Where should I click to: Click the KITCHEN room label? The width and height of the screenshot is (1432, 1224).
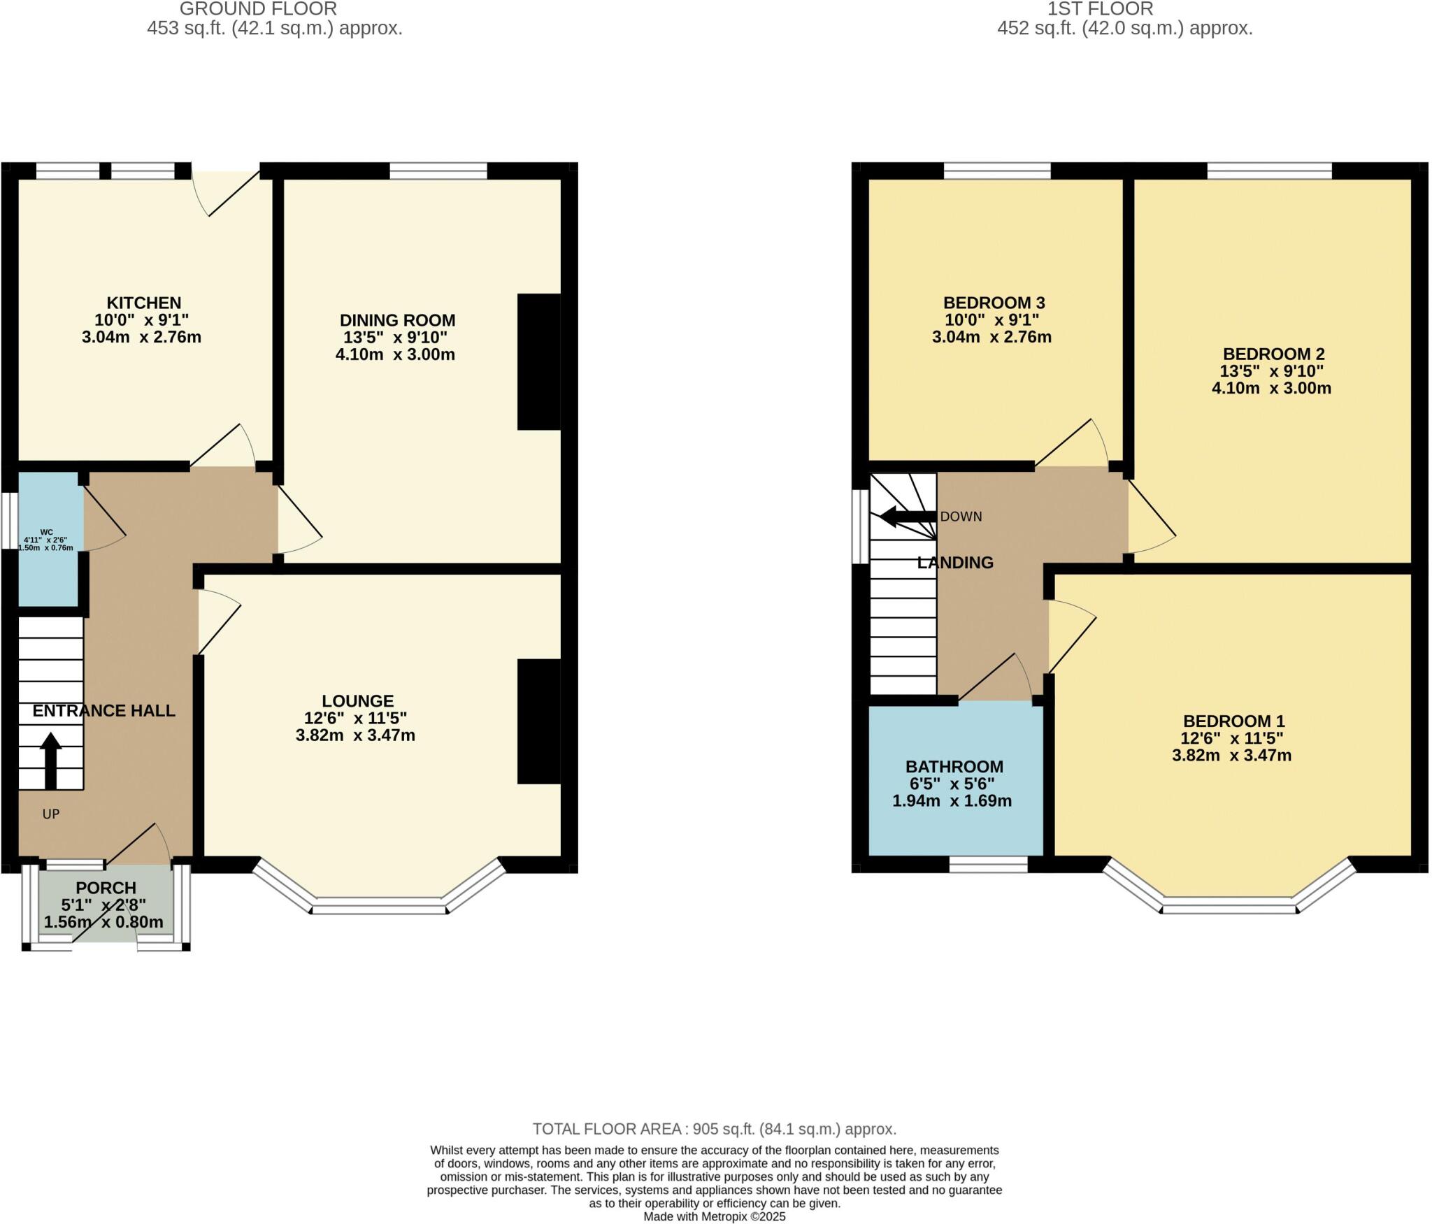[x=143, y=303]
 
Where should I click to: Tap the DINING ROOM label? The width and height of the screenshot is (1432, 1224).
[x=397, y=320]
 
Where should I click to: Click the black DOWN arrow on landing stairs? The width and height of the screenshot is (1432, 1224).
[x=907, y=517]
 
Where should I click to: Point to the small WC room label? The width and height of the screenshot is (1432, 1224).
[x=46, y=532]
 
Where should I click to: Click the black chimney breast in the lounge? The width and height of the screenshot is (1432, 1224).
[x=538, y=721]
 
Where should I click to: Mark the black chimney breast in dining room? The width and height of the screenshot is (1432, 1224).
[x=538, y=361]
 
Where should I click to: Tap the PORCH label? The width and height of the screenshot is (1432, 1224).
[x=106, y=888]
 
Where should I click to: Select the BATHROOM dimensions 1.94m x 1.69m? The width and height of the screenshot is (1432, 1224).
[x=952, y=801]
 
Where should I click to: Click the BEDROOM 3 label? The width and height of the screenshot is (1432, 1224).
[x=994, y=303]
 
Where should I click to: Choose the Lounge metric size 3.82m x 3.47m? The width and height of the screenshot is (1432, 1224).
[x=355, y=735]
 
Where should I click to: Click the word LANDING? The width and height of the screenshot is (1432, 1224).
[x=955, y=563]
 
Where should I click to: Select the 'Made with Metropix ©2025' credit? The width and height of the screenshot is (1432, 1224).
[x=714, y=1217]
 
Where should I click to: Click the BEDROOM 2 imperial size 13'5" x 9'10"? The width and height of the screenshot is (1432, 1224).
[x=1271, y=371]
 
